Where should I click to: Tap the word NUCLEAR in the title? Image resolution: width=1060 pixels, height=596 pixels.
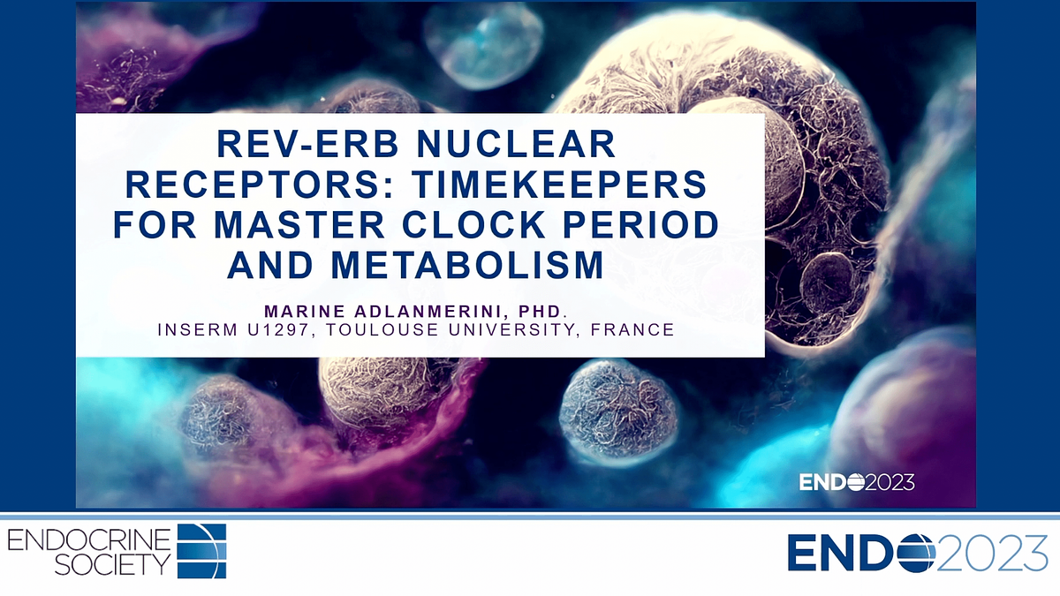[x=525, y=143]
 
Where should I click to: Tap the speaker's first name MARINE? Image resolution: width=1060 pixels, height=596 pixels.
[x=304, y=311]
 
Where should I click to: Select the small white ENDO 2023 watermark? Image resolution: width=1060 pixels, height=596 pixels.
[x=856, y=482]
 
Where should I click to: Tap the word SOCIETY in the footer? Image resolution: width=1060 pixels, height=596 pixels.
[x=112, y=564]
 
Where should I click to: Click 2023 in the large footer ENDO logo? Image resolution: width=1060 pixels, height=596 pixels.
[x=992, y=553]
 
